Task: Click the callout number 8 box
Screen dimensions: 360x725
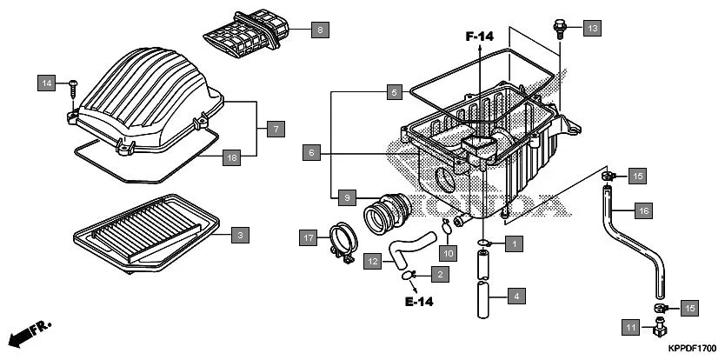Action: click(x=319, y=30)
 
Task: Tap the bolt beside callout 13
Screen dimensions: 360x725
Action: click(x=559, y=30)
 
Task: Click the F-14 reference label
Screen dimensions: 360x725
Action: click(x=479, y=37)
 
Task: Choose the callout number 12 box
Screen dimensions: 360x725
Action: click(x=371, y=259)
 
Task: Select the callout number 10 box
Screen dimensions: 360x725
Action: click(x=448, y=253)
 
